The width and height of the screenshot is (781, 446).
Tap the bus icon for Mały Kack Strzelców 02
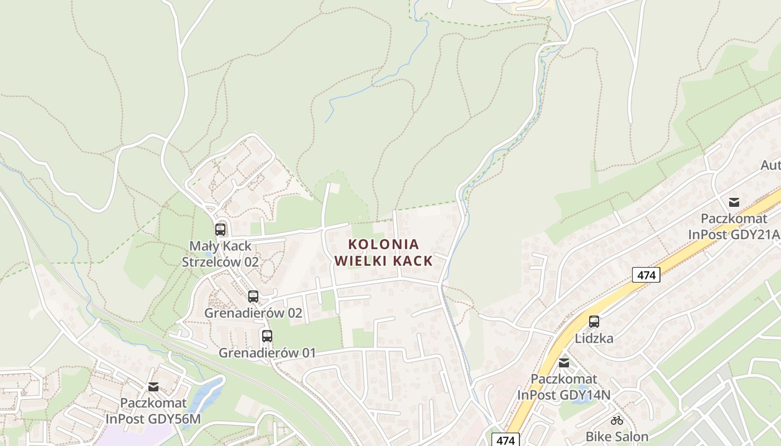(x=220, y=229)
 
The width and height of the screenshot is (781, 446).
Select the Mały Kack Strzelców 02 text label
(x=220, y=254)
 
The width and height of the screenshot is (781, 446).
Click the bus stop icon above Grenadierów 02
(x=253, y=297)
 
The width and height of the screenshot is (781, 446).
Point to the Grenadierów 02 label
(x=253, y=313)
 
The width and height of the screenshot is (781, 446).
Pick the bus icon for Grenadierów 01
(x=267, y=336)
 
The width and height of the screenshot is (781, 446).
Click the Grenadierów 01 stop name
(x=267, y=353)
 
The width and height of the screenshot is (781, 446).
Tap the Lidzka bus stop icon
(x=594, y=322)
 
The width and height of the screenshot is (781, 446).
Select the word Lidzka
(x=594, y=338)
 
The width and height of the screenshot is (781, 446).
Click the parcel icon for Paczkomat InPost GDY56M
(x=153, y=386)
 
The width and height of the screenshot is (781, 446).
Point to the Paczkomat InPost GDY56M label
(x=153, y=411)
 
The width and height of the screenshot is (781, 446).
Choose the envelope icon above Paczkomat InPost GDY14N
(x=564, y=363)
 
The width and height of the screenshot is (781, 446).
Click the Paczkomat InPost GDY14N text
(x=564, y=387)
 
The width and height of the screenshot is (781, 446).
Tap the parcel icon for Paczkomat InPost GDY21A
(x=734, y=202)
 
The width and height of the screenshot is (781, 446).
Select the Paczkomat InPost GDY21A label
(x=734, y=226)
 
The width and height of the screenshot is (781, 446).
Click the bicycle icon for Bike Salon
(x=616, y=420)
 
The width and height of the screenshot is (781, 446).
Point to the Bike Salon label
(x=616, y=437)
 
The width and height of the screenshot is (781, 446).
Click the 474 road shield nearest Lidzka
(x=646, y=275)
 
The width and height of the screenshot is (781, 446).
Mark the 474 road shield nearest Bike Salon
(x=505, y=440)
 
